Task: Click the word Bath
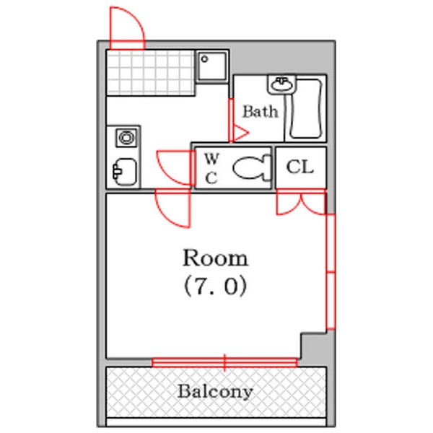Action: tap(260, 112)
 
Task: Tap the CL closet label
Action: tap(300, 167)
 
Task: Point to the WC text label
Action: tap(211, 167)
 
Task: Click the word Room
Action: tap(215, 258)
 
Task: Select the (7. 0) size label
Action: tap(215, 287)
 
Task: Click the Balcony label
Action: tap(216, 392)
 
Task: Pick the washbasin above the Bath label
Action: tap(281, 85)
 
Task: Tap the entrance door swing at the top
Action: tap(127, 27)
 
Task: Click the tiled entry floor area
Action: tap(152, 72)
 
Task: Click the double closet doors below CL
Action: tap(301, 201)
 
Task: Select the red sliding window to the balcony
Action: tap(224, 361)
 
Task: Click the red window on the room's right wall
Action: tap(330, 271)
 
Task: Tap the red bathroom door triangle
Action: tap(237, 133)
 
